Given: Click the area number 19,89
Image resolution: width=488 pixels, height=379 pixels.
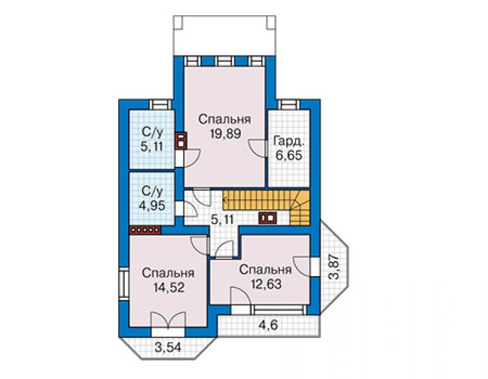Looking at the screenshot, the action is coord(226,134).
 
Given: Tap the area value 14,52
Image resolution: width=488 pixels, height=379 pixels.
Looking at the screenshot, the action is coord(169,287).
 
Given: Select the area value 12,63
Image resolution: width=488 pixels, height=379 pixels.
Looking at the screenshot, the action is coord(266,284).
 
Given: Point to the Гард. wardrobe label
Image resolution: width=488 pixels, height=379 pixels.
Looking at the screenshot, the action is coord(288,141).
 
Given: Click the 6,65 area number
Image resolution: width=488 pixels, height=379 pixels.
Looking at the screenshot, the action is coord(289,155).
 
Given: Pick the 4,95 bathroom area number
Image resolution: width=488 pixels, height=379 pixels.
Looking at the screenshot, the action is coord(152,206).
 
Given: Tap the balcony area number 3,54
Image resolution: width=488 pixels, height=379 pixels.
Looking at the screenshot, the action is coord(168,347).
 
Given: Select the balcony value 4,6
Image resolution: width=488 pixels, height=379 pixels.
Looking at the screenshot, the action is coord(268,325).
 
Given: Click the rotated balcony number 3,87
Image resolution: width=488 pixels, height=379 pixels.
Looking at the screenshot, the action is coord(334,268).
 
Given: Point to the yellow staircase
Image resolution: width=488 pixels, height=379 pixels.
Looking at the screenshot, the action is coord(266,204).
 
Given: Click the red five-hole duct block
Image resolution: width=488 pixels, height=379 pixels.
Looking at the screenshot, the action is coord(145,230).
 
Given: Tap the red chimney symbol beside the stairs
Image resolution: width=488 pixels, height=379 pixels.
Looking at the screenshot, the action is coord(267,218).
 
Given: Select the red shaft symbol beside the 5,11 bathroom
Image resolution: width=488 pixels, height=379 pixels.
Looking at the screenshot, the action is coord(181,141).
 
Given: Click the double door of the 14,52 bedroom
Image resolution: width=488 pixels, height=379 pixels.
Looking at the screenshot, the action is coord(168,320).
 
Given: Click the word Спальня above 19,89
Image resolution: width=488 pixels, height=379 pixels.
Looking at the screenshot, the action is coord(225,119).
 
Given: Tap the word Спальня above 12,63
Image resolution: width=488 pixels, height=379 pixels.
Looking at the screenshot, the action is coord(266,270).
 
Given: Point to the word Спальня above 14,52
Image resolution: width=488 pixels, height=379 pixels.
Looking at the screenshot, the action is coord(168,273).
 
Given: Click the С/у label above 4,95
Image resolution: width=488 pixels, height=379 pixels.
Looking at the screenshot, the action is coord(152,192).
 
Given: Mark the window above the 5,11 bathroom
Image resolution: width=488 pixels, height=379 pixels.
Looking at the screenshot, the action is coord(161,104).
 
